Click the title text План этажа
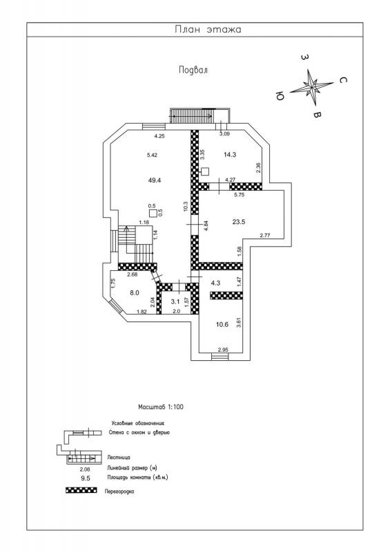coord(208,29)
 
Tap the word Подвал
coord(193,70)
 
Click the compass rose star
coord(312,87)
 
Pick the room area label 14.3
coord(230,154)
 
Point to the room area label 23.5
coord(239,222)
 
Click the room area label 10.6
coord(222,325)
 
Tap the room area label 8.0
coord(135,292)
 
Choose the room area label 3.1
coord(175,301)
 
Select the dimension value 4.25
coord(160,135)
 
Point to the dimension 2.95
coord(224,350)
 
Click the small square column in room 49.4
coord(153,213)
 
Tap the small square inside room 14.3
coord(205,171)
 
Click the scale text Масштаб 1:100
coord(161,407)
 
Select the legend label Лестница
coord(119,458)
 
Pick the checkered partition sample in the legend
coord(81,490)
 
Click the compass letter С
coord(342,80)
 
